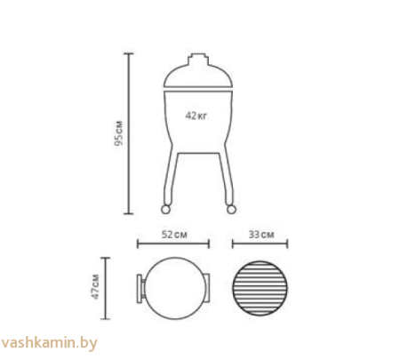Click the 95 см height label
(x=118, y=133)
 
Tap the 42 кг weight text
(x=196, y=116)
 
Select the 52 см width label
(x=174, y=235)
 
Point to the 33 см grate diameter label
(x=261, y=235)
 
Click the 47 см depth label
(x=95, y=287)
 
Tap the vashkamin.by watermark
(x=49, y=343)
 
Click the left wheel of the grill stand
(x=165, y=209)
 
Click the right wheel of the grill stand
(x=231, y=209)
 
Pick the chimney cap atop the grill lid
(x=198, y=59)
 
